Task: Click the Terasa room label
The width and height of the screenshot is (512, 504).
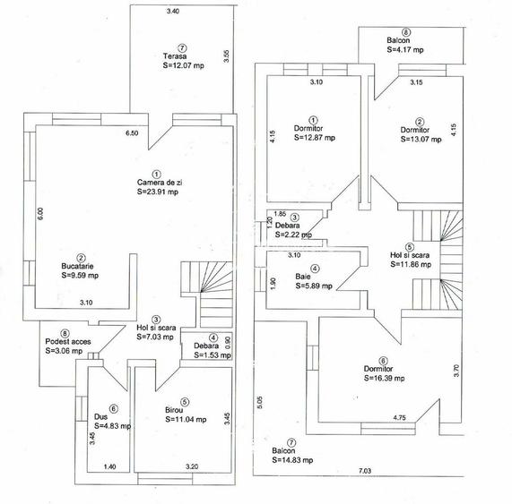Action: click(x=175, y=56)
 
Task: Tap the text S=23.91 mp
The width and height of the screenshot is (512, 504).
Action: click(x=158, y=192)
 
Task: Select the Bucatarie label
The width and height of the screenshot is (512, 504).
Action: click(x=77, y=266)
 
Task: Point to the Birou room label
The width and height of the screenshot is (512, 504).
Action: click(x=174, y=410)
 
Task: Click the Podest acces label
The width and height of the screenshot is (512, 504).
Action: click(x=68, y=342)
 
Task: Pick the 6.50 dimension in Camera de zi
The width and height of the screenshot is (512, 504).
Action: click(x=132, y=133)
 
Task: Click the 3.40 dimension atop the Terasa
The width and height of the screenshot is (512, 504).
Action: click(x=173, y=11)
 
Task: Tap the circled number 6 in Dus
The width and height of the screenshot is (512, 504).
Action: click(x=113, y=409)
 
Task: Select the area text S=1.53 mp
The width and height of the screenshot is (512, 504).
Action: click(x=213, y=355)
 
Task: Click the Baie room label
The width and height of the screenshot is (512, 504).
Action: click(x=303, y=277)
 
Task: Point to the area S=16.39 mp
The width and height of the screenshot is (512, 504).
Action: click(x=385, y=378)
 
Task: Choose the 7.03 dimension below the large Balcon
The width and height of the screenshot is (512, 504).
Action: click(x=365, y=471)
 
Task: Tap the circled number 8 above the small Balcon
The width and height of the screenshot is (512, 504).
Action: click(x=406, y=32)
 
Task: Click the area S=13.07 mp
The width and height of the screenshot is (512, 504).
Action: click(x=421, y=139)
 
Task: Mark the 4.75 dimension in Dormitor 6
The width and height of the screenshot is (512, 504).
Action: click(x=399, y=417)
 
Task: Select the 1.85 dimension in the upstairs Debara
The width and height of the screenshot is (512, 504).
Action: click(x=280, y=214)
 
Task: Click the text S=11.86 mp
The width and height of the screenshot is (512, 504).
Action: click(x=411, y=265)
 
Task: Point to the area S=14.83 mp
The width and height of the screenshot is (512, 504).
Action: click(x=292, y=460)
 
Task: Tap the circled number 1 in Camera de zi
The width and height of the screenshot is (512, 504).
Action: click(x=157, y=174)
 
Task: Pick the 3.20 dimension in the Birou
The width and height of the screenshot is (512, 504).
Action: click(x=192, y=466)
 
